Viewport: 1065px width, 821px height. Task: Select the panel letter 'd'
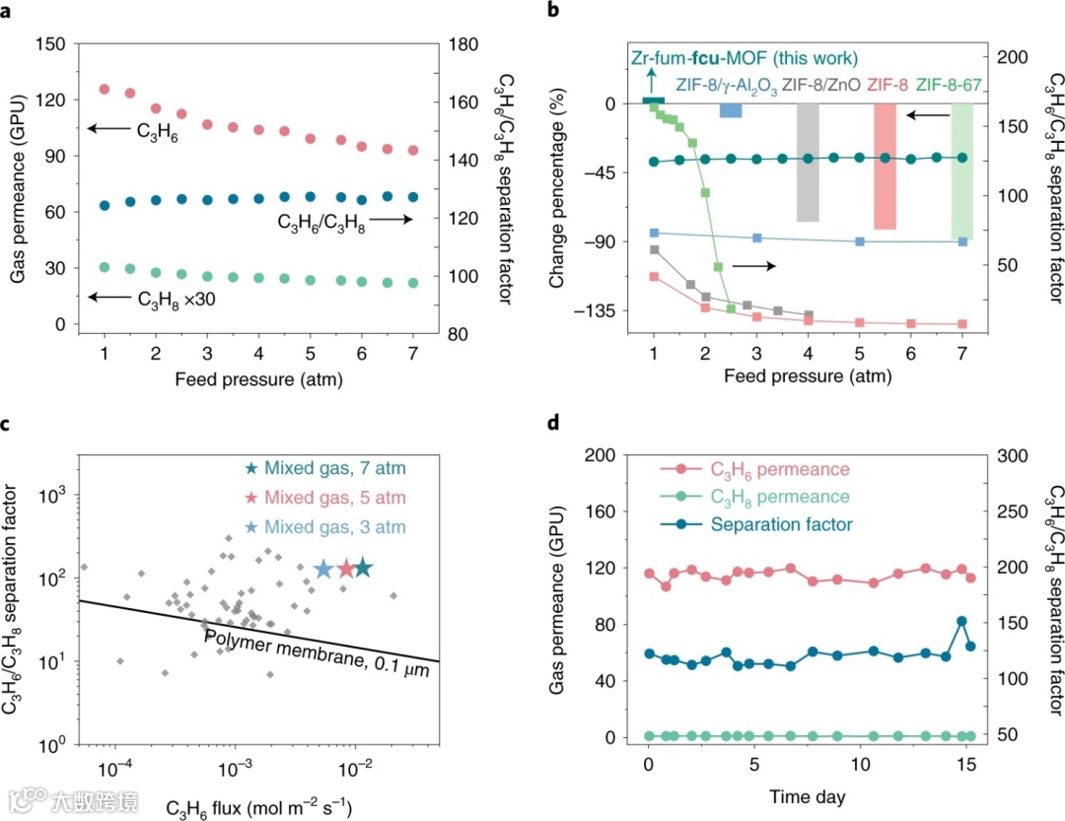click(554, 425)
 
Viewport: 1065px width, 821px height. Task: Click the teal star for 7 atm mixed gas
click(363, 568)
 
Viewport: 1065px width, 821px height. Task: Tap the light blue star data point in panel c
click(322, 569)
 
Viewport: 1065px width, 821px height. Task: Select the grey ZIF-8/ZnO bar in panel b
click(808, 163)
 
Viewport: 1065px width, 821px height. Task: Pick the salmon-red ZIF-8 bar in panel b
click(885, 166)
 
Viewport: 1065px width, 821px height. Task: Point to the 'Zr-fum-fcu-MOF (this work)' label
click(745, 58)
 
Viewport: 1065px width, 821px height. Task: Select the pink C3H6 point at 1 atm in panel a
click(105, 90)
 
